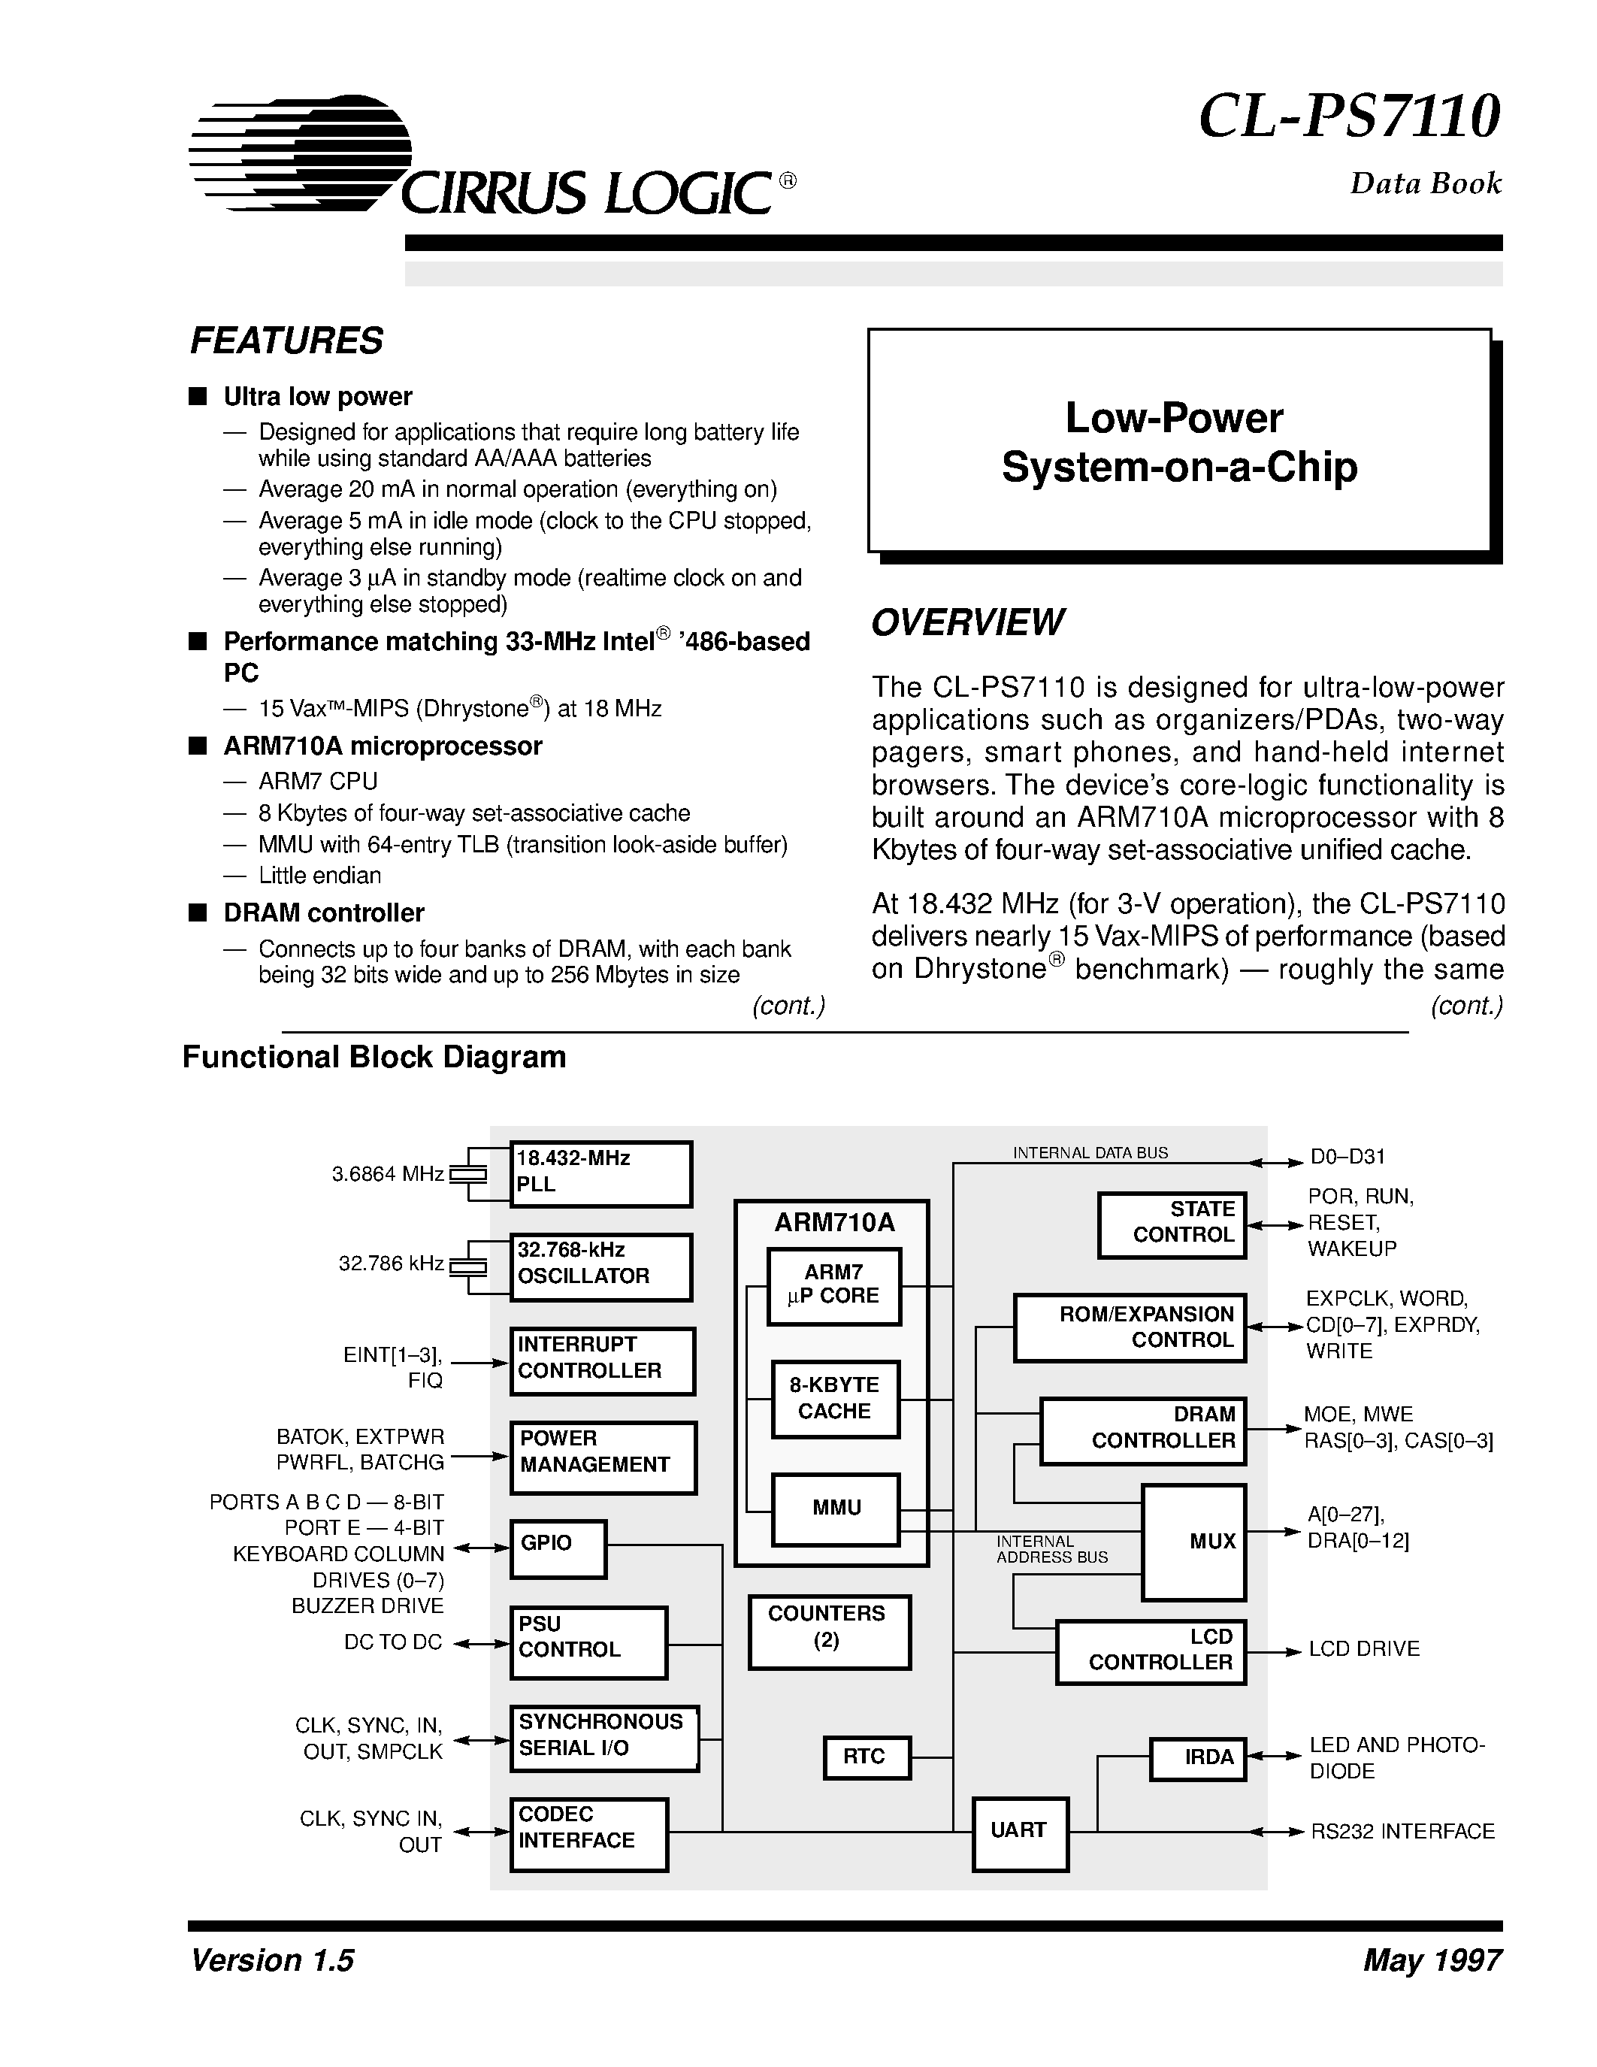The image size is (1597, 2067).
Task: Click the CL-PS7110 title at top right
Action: (1348, 117)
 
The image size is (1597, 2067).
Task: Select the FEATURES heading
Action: (286, 340)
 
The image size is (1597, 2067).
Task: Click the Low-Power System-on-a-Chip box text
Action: (1179, 442)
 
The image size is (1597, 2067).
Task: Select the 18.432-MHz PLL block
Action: (600, 1173)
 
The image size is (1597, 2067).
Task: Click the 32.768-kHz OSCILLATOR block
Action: (600, 1267)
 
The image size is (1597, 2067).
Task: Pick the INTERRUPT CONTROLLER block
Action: (603, 1360)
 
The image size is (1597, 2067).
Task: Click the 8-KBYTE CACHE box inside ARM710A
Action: (834, 1399)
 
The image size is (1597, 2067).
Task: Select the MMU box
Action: (836, 1509)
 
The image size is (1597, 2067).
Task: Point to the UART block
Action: (1020, 1833)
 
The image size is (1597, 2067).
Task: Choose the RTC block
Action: (866, 1757)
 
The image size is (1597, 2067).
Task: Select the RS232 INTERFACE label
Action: (1401, 1831)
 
